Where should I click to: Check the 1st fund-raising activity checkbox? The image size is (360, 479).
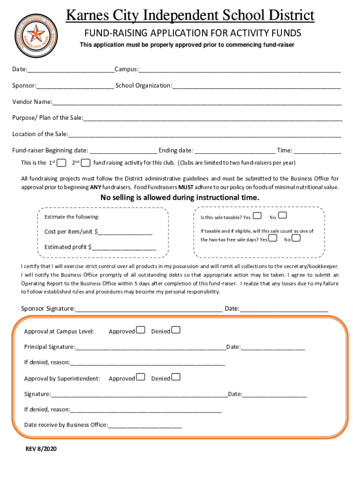[x=61, y=163]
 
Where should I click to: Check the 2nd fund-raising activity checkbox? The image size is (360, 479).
[x=86, y=163]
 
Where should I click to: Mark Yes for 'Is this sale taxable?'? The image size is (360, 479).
[x=257, y=216]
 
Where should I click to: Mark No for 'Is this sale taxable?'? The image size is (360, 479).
[x=282, y=216]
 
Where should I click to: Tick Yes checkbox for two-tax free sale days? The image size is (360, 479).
[x=274, y=238]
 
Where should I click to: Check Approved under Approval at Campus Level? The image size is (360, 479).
[x=140, y=331]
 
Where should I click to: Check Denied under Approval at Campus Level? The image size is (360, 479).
[x=176, y=331]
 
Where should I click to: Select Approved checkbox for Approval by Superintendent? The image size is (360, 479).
[x=140, y=377]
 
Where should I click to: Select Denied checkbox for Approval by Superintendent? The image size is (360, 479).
[x=176, y=377]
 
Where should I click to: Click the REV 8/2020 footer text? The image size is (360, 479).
[x=41, y=449]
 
